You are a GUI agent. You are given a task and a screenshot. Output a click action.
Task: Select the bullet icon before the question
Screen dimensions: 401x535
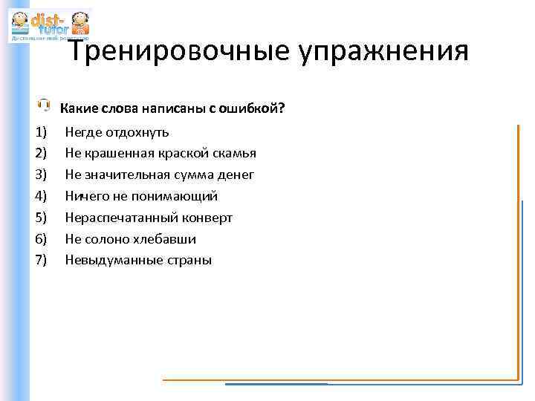click(44, 105)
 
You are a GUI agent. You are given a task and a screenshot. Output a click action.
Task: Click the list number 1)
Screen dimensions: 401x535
click(40, 132)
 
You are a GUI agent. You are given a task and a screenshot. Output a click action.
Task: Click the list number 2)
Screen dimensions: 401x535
click(40, 154)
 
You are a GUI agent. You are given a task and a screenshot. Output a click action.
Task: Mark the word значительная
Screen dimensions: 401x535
click(128, 175)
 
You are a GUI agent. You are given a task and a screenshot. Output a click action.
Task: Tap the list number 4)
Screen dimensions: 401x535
click(40, 196)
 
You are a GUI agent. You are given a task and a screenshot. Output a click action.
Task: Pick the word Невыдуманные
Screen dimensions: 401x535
click(105, 260)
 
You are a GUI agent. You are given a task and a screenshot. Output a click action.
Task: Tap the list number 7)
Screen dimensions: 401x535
click(40, 260)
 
